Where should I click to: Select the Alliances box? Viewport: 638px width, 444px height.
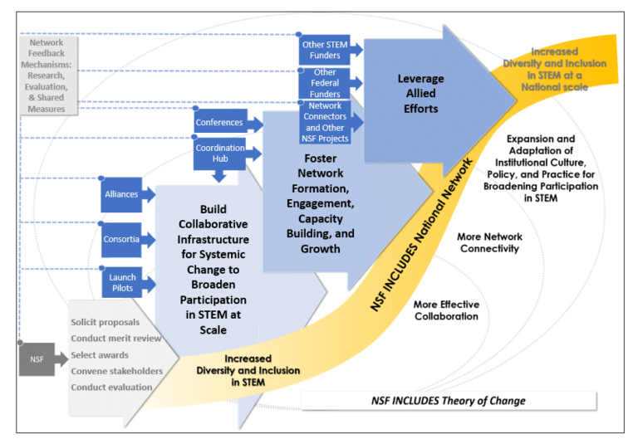click(x=121, y=194)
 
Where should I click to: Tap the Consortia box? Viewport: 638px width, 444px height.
click(x=121, y=239)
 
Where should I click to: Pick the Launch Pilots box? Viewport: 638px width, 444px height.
click(x=122, y=282)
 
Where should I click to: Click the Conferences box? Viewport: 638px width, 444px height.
click(x=219, y=123)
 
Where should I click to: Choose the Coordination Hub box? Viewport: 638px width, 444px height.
click(x=219, y=154)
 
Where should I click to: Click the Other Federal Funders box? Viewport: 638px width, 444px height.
click(x=325, y=84)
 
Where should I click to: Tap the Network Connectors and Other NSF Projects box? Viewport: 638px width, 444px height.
click(x=325, y=122)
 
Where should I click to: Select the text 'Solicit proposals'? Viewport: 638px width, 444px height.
click(x=106, y=322)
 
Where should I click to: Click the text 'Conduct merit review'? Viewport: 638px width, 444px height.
click(x=116, y=339)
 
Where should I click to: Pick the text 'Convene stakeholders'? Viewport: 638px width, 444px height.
click(x=117, y=371)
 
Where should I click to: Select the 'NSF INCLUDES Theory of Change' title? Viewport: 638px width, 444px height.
click(x=448, y=401)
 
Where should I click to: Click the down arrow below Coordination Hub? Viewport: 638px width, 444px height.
click(x=219, y=176)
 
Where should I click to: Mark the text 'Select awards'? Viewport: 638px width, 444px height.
click(x=101, y=355)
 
